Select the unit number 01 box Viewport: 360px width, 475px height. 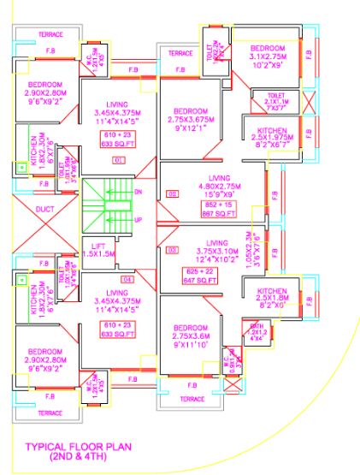point(119,159)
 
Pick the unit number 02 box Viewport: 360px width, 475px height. point(172,194)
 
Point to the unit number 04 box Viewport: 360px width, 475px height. point(128,279)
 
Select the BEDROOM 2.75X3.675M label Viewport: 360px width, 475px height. point(192,117)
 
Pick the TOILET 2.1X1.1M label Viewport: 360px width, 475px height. point(274,102)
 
